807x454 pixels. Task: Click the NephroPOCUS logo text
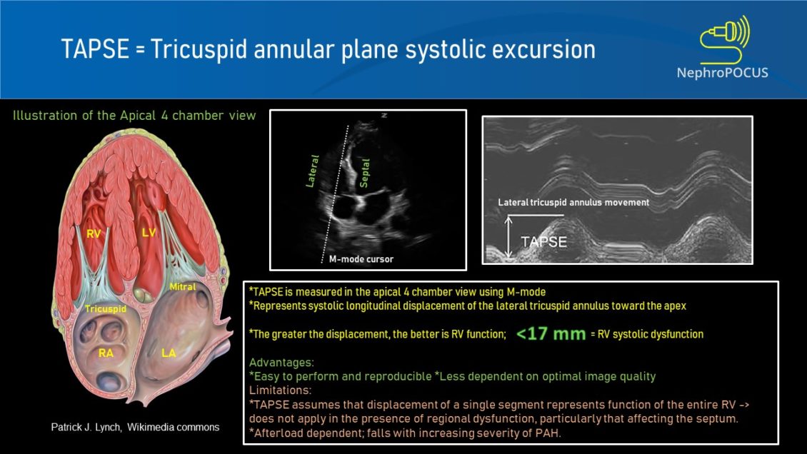pos(722,71)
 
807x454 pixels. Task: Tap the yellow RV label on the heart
pos(94,233)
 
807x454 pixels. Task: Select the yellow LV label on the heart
pos(149,232)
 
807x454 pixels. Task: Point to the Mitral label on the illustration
pos(182,287)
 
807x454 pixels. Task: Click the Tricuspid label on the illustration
pos(105,308)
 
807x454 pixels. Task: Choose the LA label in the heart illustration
pos(169,353)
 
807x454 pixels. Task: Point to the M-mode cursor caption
pos(356,259)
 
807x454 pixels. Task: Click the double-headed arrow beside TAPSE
pos(508,238)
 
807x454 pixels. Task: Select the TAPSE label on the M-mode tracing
pos(543,242)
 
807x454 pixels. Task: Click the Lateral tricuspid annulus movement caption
pos(573,203)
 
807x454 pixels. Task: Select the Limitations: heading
pos(281,390)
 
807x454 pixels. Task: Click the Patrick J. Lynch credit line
pos(135,427)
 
